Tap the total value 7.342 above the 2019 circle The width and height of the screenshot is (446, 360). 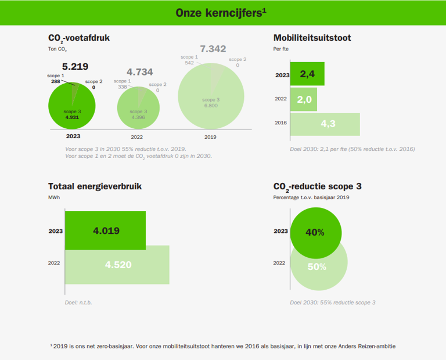pyautogui.click(x=213, y=49)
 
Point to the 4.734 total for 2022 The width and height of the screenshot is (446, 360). pyautogui.click(x=140, y=72)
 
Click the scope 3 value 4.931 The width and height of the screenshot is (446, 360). pyautogui.click(x=72, y=117)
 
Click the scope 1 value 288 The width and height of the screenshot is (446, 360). pyautogui.click(x=56, y=82)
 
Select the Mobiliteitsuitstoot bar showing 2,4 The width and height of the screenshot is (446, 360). pyautogui.click(x=307, y=74)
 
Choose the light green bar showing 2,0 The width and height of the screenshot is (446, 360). pyautogui.click(x=304, y=99)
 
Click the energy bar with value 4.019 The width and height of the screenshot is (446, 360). pyautogui.click(x=106, y=231)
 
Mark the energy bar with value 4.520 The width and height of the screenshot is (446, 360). pyautogui.click(x=118, y=265)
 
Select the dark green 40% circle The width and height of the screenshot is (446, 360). pyautogui.click(x=315, y=232)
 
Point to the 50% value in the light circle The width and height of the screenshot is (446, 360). pyautogui.click(x=317, y=267)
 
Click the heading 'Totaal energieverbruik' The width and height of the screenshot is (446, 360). pyautogui.click(x=95, y=186)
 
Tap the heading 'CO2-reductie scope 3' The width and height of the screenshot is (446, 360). pyautogui.click(x=318, y=186)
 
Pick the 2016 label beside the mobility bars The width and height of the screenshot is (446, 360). pyautogui.click(x=280, y=123)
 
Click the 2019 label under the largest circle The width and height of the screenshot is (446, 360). pyautogui.click(x=210, y=138)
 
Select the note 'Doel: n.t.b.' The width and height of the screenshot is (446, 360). pyautogui.click(x=78, y=303)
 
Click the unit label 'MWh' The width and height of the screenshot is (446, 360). pyautogui.click(x=54, y=197)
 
